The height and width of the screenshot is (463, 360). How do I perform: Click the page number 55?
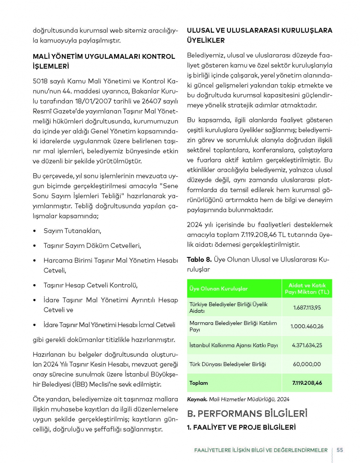tap(340, 450)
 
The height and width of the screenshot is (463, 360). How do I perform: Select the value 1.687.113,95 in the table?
tap(307, 307)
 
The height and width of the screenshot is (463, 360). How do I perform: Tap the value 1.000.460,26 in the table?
tap(307, 326)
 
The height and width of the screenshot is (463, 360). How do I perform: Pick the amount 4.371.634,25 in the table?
tap(307, 345)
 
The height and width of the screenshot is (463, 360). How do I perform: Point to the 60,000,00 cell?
tap(307, 364)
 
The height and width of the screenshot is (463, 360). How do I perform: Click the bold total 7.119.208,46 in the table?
tap(307, 383)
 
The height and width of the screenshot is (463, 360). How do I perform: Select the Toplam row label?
tap(199, 383)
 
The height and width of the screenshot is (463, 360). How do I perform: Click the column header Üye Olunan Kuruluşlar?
tap(219, 289)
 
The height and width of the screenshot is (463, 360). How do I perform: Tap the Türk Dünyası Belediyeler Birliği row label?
tap(228, 364)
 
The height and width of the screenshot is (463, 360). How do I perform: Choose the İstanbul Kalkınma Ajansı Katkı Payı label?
tap(234, 345)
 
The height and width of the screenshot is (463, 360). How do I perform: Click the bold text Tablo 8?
tap(199, 259)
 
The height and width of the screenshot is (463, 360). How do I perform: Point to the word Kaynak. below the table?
tap(197, 399)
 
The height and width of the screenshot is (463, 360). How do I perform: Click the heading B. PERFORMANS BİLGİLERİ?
tap(247, 413)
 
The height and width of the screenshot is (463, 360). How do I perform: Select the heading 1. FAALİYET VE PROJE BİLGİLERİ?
tap(241, 427)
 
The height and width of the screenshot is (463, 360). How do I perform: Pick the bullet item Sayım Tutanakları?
tap(72, 231)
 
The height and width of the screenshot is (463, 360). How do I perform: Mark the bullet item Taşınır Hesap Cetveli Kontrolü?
tap(91, 285)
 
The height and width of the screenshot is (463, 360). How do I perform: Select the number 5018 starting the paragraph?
tap(40, 81)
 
